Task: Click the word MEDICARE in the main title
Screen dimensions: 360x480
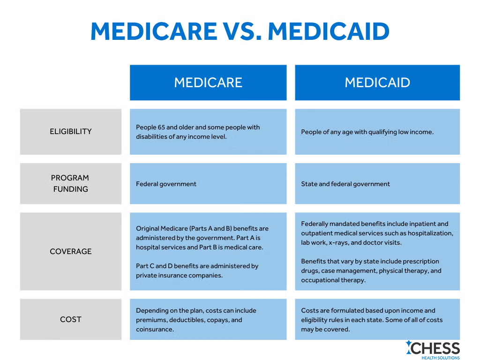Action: click(x=153, y=31)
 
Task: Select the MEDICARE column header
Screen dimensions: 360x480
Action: click(x=208, y=82)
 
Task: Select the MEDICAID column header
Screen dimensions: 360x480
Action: click(x=377, y=82)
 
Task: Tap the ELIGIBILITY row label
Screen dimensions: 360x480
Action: click(x=71, y=132)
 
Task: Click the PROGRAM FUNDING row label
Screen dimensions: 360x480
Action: click(x=70, y=183)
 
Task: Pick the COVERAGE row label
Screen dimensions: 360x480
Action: click(x=71, y=251)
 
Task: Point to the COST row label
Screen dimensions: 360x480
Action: click(x=71, y=319)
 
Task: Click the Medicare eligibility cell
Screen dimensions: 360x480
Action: click(x=208, y=132)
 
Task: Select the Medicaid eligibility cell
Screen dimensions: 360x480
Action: click(x=377, y=132)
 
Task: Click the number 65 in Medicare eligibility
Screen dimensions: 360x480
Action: click(x=161, y=127)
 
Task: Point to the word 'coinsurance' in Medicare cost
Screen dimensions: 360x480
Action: click(x=155, y=329)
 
